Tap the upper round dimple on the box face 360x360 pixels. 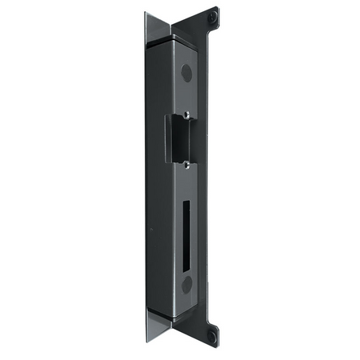(186, 73)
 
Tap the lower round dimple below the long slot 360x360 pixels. (186, 284)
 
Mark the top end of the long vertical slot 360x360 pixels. (185, 203)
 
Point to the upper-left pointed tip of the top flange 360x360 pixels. (146, 13)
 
